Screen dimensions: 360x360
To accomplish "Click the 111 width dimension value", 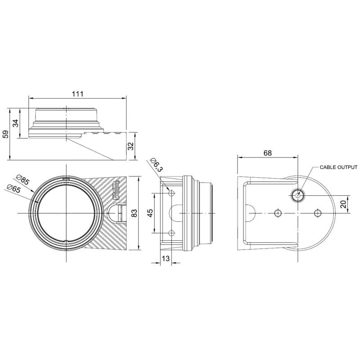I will pos(78,94).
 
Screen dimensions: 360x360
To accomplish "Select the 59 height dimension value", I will pos(6,134).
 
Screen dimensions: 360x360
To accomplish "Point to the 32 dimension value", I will pos(131,146).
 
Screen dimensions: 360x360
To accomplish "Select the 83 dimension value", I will pos(134,213).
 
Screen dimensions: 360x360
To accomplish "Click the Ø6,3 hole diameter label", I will pos(156,165).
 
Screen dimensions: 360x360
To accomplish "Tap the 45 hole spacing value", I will pos(151,213).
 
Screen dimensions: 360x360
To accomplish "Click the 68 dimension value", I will pos(267,153).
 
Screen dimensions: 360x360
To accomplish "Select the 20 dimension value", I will pos(343,204).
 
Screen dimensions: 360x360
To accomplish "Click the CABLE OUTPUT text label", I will pos(338,167).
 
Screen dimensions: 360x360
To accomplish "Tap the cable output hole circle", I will pos(297,195).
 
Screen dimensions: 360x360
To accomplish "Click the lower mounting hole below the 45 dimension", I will pos(171,233).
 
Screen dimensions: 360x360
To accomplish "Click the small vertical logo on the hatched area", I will pos(117,189).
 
